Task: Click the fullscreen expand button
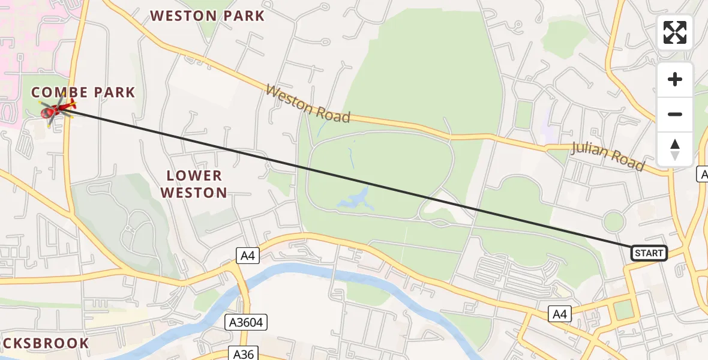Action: [x=675, y=32]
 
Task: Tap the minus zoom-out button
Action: [x=675, y=114]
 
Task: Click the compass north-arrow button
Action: [x=675, y=149]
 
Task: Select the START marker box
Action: [x=649, y=253]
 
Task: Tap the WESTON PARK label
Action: [x=207, y=16]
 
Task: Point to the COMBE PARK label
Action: [x=83, y=92]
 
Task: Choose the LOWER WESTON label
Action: [x=194, y=184]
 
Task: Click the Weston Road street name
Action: [x=307, y=104]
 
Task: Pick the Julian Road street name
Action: [x=608, y=156]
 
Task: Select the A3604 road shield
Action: [x=246, y=323]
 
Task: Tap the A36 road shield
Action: [x=243, y=353]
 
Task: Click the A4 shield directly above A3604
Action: [x=247, y=256]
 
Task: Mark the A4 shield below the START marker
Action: [x=559, y=313]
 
